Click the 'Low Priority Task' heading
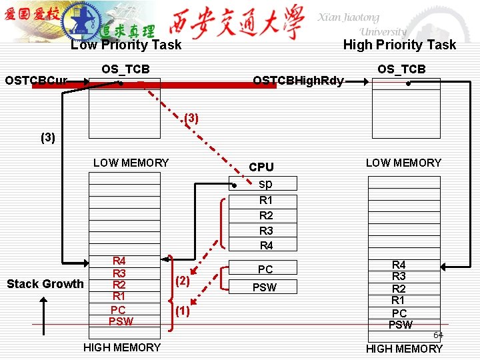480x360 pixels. coord(125,45)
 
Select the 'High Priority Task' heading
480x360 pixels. coord(399,45)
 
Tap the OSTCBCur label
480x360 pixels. coord(36,81)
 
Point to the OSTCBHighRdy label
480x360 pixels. coord(298,81)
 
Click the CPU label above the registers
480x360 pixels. coord(261,167)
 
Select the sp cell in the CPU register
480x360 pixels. coord(265,183)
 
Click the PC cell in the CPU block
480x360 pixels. coord(265,269)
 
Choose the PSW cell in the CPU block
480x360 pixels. coord(265,288)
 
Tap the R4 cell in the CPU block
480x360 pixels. coord(265,245)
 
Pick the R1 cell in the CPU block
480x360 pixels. coord(265,200)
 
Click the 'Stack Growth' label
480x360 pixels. coord(45,284)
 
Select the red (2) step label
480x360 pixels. coord(182,281)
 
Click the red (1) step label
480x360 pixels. coord(182,311)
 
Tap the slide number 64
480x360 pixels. coord(438,335)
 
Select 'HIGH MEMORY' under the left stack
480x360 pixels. coord(122,347)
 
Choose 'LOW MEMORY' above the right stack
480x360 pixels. coord(403,163)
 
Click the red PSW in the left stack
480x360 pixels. coord(121,321)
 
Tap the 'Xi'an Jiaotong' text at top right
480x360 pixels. coord(348,18)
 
